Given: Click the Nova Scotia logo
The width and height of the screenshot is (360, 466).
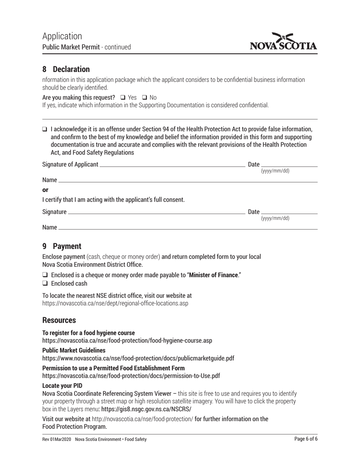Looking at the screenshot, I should pyautogui.click(x=283, y=42).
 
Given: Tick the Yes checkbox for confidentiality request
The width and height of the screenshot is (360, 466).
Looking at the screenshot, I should pyautogui.click(x=123, y=97).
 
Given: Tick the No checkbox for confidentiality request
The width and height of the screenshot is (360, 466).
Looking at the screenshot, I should pyautogui.click(x=144, y=97).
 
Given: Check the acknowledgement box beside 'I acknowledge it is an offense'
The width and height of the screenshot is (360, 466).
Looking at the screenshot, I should pyautogui.click(x=45, y=129).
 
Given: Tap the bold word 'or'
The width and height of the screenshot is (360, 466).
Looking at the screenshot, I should pyautogui.click(x=45, y=190).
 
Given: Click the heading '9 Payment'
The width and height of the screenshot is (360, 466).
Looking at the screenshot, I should pyautogui.click(x=62, y=246).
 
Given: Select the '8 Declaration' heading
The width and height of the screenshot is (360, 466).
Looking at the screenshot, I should pyautogui.click(x=66, y=69).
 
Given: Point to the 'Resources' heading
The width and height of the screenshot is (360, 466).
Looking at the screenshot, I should pyautogui.click(x=59, y=320).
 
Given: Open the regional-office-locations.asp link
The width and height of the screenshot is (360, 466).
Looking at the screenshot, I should pyautogui.click(x=115, y=303).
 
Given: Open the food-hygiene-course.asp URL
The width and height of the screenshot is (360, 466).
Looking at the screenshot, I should pyautogui.click(x=127, y=341).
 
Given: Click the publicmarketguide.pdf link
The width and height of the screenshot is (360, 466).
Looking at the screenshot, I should pyautogui.click(x=138, y=358).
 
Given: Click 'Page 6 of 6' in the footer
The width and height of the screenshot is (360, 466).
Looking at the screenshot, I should pyautogui.click(x=306, y=439).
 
